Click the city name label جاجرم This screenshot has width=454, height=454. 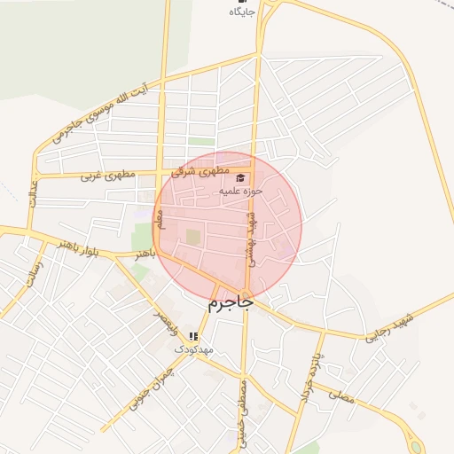click(231, 303)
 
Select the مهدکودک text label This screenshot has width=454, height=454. click(193, 349)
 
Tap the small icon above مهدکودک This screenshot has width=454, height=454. click(193, 336)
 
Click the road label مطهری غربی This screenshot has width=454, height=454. click(109, 176)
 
